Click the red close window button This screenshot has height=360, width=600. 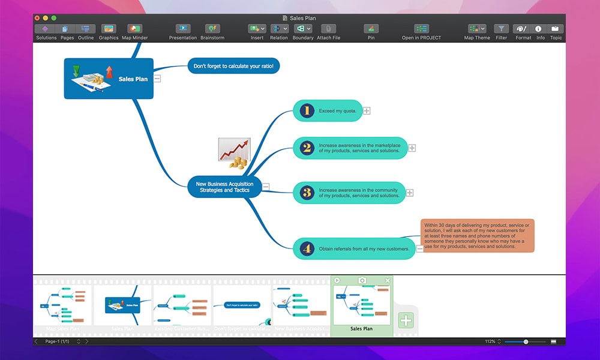37,18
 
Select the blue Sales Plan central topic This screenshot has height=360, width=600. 109,79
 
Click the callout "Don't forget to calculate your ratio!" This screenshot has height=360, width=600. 233,66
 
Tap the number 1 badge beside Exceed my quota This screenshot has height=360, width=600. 307,110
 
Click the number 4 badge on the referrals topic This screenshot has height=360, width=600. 307,248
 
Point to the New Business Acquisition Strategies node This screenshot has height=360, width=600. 224,187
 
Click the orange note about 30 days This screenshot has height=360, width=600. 477,235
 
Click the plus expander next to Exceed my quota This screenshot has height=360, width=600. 367,110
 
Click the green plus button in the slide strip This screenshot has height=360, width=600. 406,320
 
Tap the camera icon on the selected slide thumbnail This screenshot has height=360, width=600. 362,280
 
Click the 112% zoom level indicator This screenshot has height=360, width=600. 490,341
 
